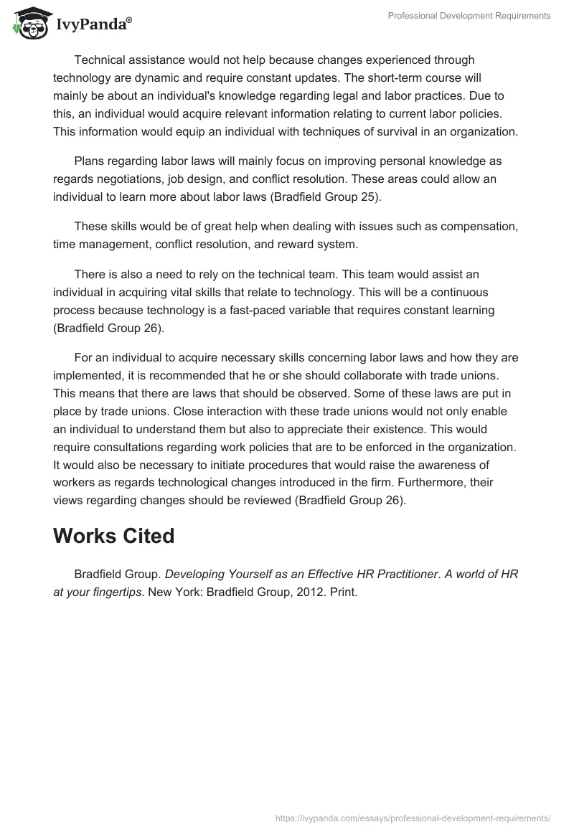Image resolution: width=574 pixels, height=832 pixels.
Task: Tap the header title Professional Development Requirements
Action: [469, 15]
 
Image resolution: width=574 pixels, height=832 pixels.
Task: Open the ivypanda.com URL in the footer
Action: [413, 817]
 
